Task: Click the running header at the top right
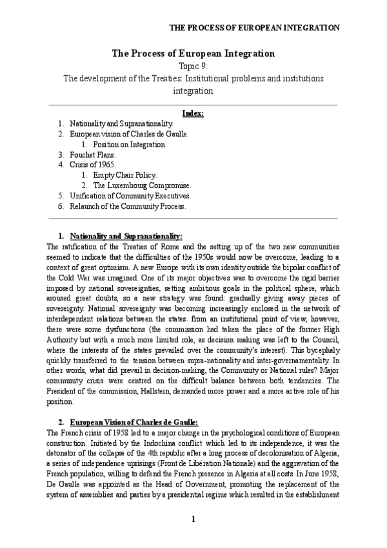click(x=254, y=28)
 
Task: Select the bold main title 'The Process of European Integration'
click(x=193, y=54)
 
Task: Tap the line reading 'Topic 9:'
click(x=193, y=67)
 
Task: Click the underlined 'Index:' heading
click(x=193, y=113)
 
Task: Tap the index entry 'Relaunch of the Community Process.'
click(x=128, y=206)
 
